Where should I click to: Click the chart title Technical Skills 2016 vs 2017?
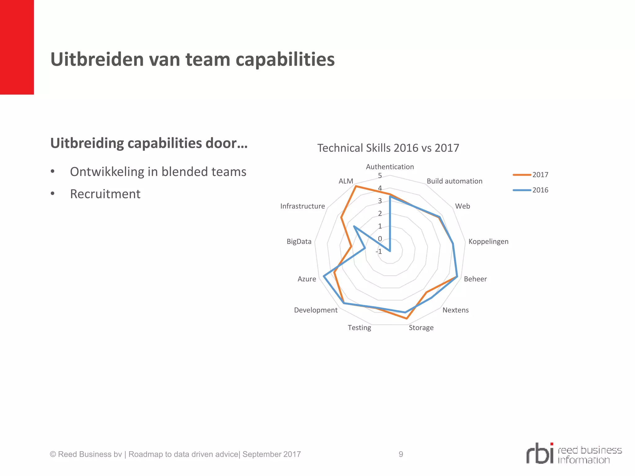[388, 148]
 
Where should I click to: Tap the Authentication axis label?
[390, 167]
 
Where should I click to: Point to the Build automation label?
[454, 181]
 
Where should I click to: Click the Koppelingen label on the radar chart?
[488, 241]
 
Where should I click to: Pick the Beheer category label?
[475, 279]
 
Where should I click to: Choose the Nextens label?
[455, 310]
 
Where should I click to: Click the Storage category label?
[421, 328]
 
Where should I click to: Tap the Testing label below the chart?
[359, 328]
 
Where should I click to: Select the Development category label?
[316, 310]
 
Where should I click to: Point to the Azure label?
[307, 279]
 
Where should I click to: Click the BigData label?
[299, 241]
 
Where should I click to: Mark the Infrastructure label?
[302, 206]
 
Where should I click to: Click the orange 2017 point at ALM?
[356, 186]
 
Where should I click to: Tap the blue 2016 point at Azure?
[324, 276]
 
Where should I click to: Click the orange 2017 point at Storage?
[406, 318]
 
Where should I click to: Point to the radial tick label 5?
[380, 176]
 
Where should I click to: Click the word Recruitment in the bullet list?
[105, 194]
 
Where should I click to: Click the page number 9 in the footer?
[401, 454]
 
